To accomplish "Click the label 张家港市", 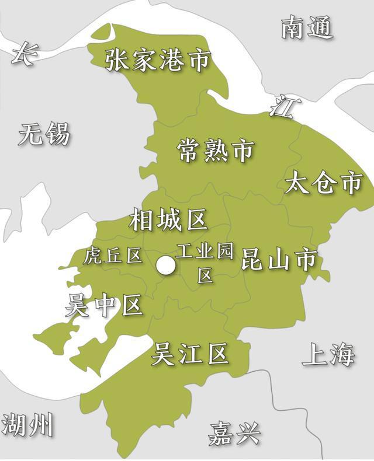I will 157,61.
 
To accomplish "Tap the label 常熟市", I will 215,151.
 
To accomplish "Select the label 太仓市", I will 324,183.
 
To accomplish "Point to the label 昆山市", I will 279,260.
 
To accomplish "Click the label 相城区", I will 168,221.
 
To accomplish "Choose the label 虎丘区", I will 113,255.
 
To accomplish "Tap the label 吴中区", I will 104,305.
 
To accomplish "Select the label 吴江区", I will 189,354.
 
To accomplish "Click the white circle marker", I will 166,266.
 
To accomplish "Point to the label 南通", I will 307,27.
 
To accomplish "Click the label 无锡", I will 44,134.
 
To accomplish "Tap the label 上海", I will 328,355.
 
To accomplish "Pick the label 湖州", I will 27,425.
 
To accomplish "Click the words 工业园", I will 205,252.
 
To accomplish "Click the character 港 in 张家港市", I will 172,61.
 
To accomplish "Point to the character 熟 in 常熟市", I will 215,151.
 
